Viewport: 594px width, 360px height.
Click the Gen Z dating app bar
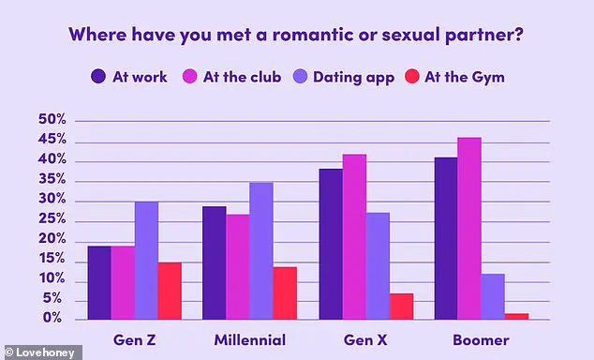click(x=146, y=261)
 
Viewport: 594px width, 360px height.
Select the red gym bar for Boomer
click(x=516, y=316)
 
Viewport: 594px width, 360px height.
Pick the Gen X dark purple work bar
click(x=331, y=244)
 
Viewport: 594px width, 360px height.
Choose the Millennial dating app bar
click(x=261, y=251)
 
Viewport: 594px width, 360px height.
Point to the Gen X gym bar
click(x=401, y=307)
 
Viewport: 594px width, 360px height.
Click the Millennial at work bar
click(x=215, y=262)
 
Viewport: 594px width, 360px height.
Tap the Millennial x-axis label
click(x=249, y=339)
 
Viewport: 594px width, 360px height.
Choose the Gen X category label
click(x=365, y=339)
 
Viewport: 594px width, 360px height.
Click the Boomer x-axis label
click(x=482, y=339)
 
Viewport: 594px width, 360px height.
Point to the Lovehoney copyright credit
click(x=41, y=352)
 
